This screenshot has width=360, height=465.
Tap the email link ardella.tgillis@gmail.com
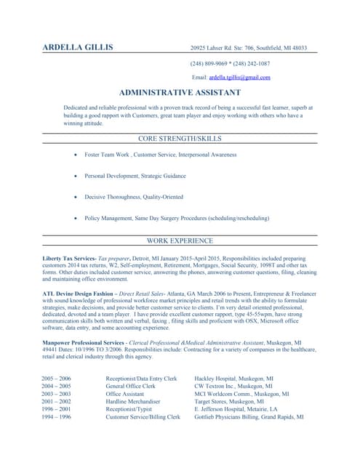[x=239, y=77]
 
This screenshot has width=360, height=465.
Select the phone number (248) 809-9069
[x=210, y=63]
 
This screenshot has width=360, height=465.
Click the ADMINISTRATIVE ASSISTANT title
[x=180, y=93]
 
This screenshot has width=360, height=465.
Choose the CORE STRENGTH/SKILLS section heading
[x=180, y=138]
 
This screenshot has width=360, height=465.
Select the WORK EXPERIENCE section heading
[x=180, y=240]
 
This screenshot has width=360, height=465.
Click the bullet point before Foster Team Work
[x=76, y=155]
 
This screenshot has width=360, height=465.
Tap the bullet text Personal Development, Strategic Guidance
[x=135, y=176]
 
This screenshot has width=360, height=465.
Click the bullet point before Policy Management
[x=76, y=217]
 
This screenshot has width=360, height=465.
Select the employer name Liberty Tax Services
[x=69, y=259]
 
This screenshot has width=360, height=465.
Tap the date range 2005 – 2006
[x=56, y=379]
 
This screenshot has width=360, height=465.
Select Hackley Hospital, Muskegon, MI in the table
[x=233, y=379]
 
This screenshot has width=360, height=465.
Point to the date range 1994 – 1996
[x=56, y=417]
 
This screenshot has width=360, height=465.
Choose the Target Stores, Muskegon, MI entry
[x=229, y=401]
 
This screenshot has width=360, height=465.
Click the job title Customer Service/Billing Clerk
[x=143, y=417]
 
